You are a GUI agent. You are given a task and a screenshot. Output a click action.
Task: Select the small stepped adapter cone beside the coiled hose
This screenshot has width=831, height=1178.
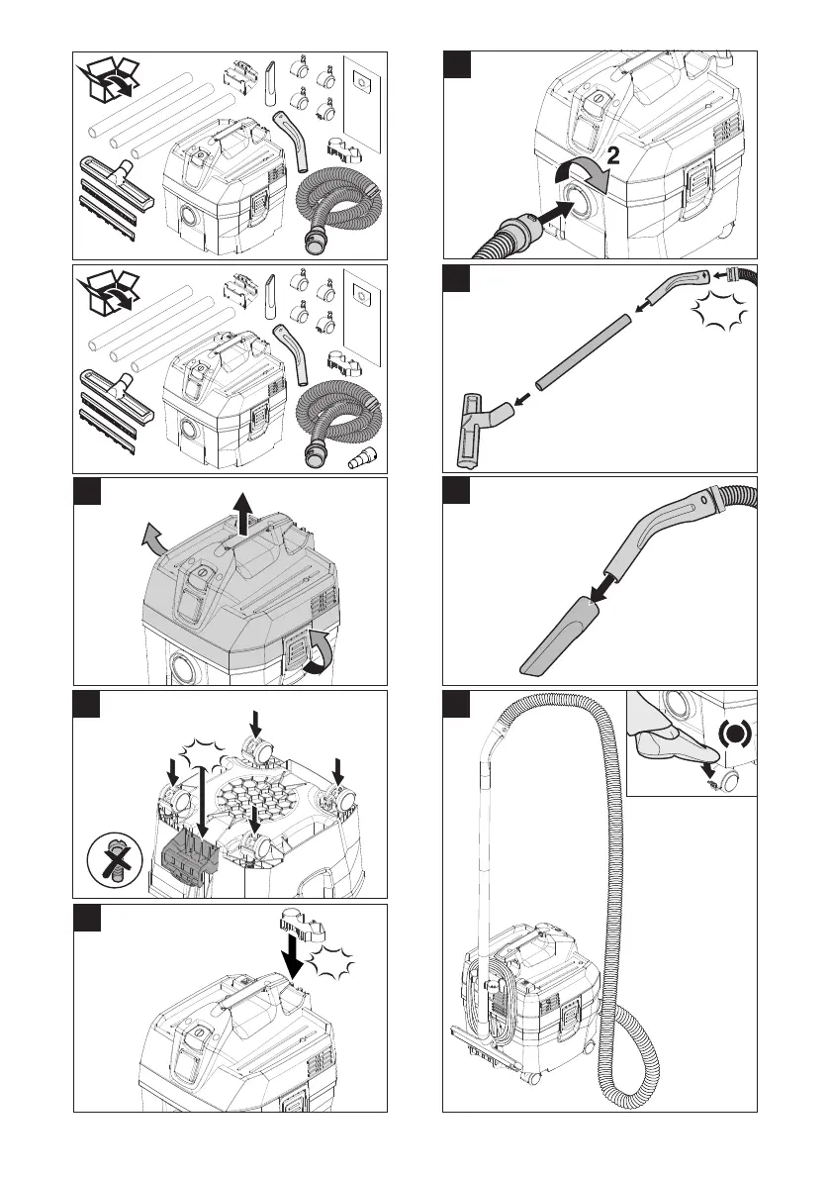pos(364,459)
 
